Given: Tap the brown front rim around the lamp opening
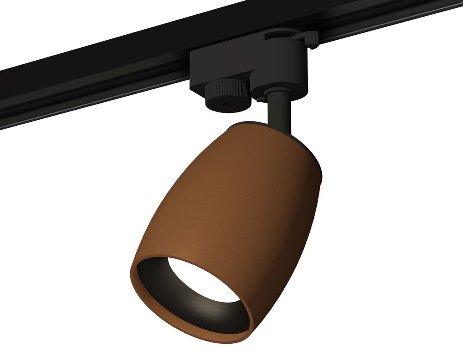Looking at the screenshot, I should coord(139,296).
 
